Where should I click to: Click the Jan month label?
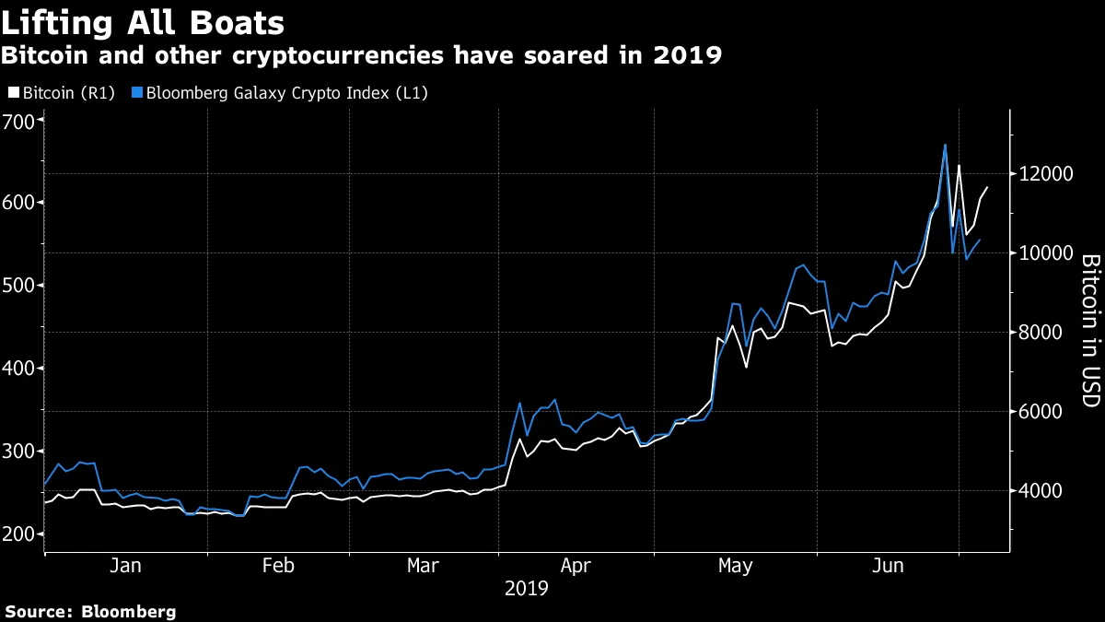[x=125, y=566]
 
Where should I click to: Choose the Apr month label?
[x=576, y=566]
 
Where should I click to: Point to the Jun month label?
[x=888, y=566]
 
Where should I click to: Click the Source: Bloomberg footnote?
[x=90, y=611]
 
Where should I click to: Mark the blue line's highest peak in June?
[x=945, y=145]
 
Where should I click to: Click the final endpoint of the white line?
[x=987, y=187]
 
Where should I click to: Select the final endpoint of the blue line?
[x=980, y=240]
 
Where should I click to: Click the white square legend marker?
[x=12, y=93]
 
